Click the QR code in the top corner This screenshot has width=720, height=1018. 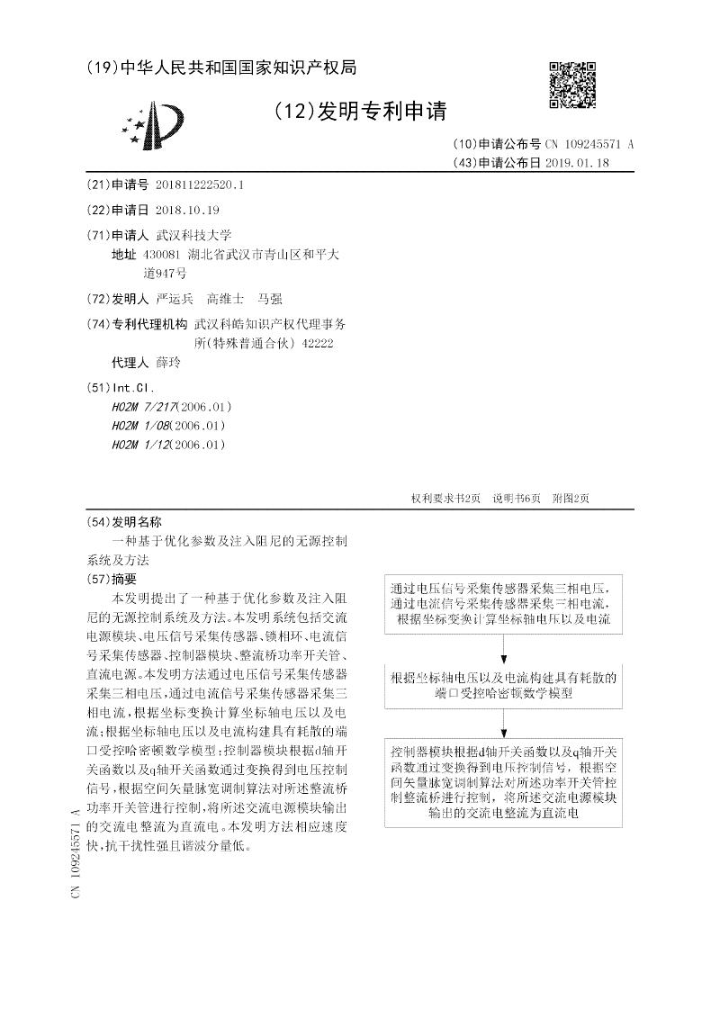pyautogui.click(x=571, y=85)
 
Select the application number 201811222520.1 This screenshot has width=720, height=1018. pyautogui.click(x=200, y=185)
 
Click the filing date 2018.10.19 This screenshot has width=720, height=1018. pyautogui.click(x=187, y=210)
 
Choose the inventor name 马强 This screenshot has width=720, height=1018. pyautogui.click(x=270, y=299)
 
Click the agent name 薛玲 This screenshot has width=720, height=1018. pyautogui.click(x=168, y=363)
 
